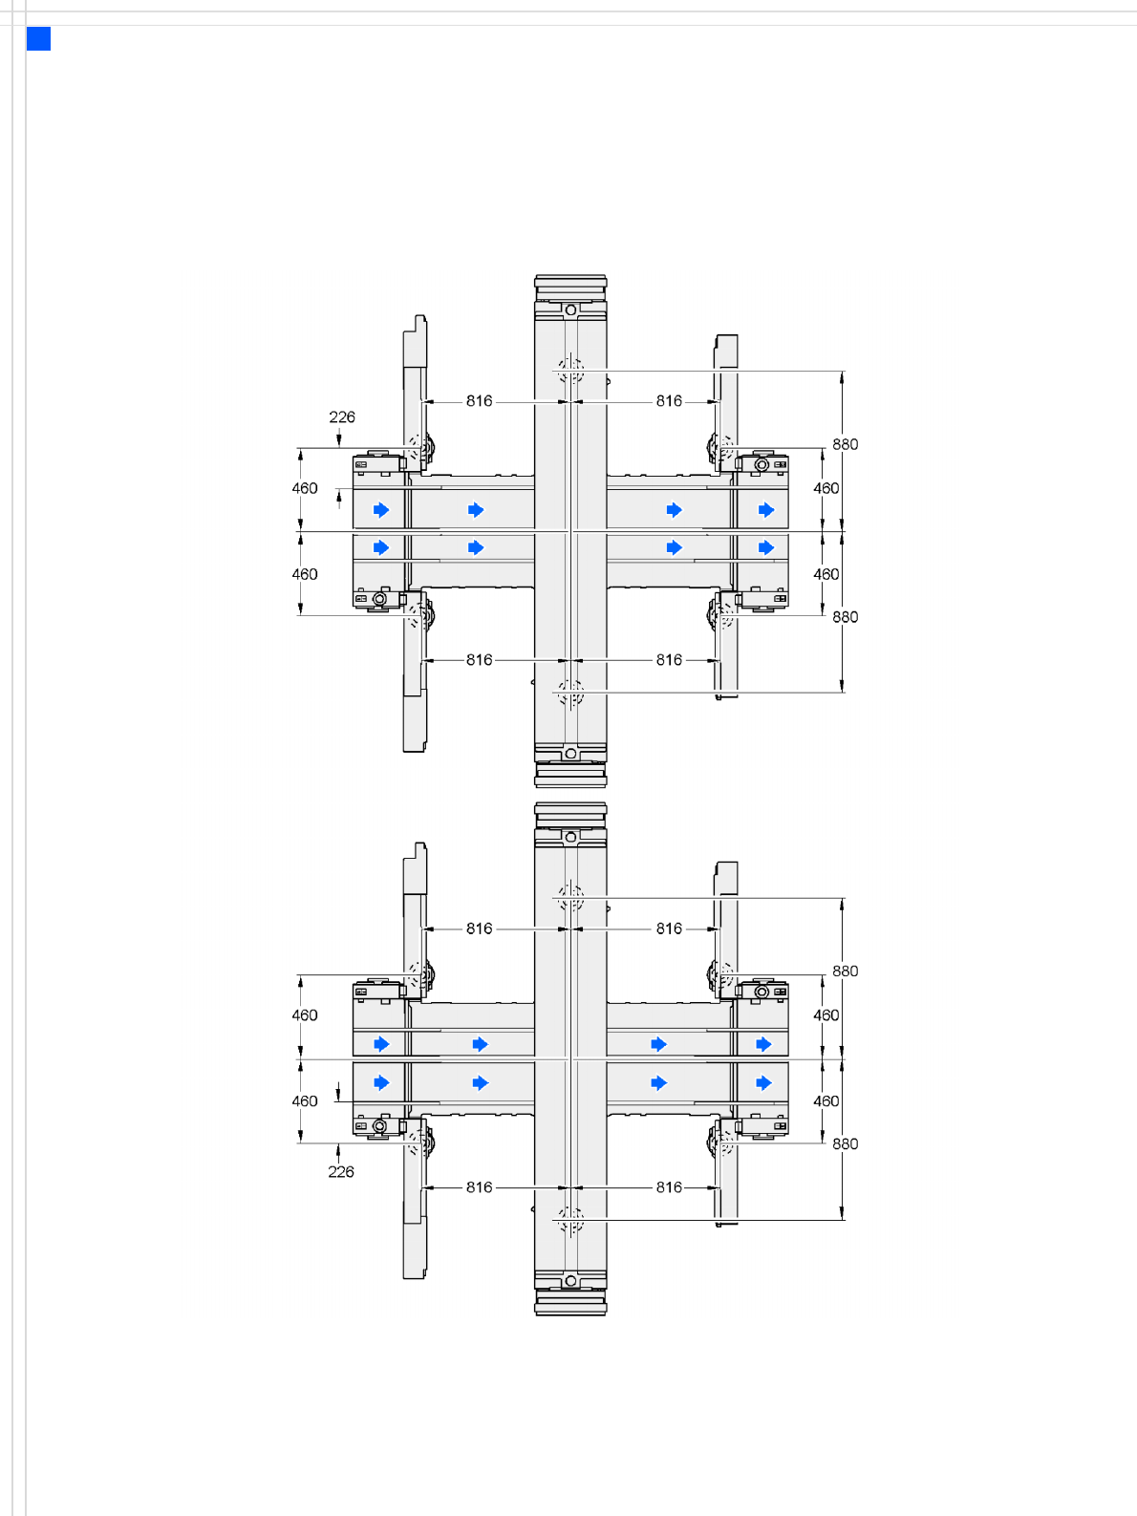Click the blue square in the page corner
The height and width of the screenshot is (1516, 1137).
(x=38, y=38)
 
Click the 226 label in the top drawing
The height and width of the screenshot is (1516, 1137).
(x=342, y=417)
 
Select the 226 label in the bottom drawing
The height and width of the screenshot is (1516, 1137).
(x=341, y=1172)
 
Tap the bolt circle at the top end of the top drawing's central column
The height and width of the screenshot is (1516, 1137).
(x=570, y=310)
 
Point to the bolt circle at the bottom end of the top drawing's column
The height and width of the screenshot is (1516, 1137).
(x=570, y=754)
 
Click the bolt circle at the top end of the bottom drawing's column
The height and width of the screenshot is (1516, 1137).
(x=570, y=837)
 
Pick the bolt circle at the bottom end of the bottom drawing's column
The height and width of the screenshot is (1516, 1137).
(x=570, y=1281)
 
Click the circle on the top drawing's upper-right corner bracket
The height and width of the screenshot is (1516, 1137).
(x=762, y=465)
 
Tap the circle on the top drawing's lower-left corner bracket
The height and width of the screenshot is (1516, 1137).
(x=380, y=598)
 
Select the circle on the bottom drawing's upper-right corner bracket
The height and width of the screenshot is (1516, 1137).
(x=762, y=992)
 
